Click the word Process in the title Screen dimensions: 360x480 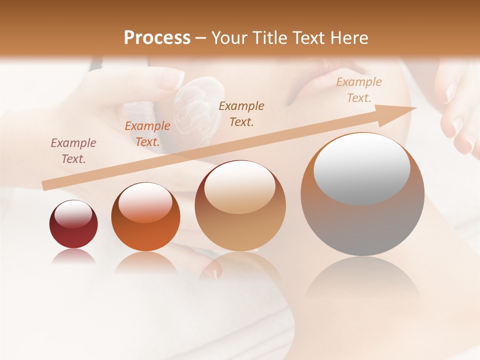157,38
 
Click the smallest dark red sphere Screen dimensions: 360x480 73,224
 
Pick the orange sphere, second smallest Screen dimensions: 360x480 145,217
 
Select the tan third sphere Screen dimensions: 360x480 240,206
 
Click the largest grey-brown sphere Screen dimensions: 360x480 362,194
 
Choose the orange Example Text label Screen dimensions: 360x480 147,134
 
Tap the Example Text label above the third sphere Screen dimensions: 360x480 241,113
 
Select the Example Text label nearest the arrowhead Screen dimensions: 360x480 359,90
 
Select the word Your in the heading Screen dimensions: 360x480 229,38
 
